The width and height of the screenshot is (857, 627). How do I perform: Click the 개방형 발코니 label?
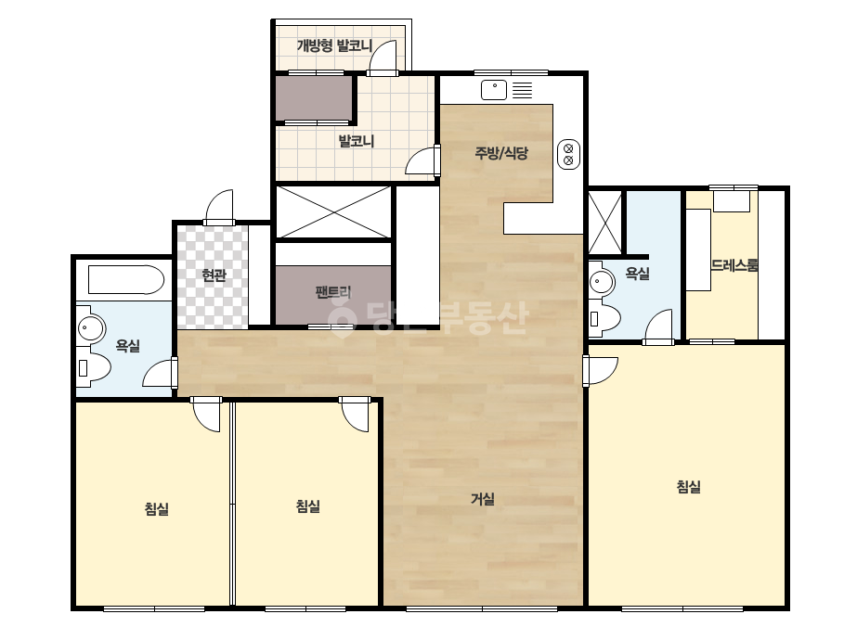click(334, 45)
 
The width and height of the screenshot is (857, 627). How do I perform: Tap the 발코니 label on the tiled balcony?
click(357, 142)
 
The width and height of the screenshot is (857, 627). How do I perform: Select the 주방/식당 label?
click(501, 152)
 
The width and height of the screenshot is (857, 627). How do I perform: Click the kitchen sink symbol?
click(494, 90)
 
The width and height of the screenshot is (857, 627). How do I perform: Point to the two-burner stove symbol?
click(568, 153)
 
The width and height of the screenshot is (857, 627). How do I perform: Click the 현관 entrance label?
click(214, 275)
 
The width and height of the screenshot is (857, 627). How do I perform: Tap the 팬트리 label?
click(332, 291)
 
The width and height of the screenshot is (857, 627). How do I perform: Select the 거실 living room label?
click(483, 498)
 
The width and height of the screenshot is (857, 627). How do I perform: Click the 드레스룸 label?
click(734, 265)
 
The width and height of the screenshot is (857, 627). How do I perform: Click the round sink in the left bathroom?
click(91, 328)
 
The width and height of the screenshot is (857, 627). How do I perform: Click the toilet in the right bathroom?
click(605, 318)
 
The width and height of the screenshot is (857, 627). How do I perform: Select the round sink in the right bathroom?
click(602, 282)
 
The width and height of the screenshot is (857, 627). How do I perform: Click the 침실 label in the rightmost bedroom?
click(688, 486)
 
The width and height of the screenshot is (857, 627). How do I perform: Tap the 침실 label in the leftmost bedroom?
click(156, 508)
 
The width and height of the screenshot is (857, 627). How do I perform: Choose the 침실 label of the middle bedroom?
click(307, 505)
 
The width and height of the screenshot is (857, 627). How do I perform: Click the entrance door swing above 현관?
click(219, 206)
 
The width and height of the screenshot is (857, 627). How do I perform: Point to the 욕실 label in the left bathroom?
click(128, 345)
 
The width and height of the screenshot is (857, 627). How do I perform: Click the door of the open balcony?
click(382, 58)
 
